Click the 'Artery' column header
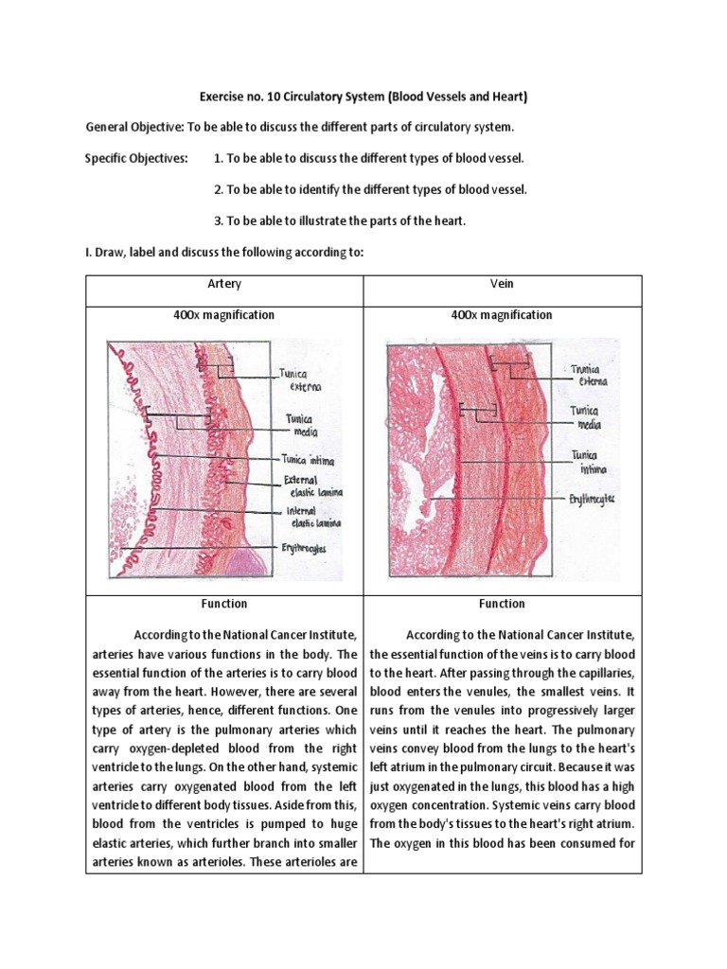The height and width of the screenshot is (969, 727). (x=224, y=284)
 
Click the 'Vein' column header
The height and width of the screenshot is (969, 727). (x=502, y=284)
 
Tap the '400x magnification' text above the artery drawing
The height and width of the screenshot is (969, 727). (x=224, y=315)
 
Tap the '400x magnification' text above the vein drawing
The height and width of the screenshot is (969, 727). (x=502, y=315)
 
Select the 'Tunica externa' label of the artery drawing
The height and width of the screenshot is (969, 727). (x=300, y=379)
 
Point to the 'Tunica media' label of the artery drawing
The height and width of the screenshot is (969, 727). (x=300, y=425)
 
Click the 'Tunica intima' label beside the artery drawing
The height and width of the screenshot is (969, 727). (x=308, y=460)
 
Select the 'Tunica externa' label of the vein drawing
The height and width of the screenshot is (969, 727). (x=589, y=375)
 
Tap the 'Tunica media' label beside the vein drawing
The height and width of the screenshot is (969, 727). (x=588, y=417)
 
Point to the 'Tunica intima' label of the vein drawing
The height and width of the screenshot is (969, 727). (x=589, y=461)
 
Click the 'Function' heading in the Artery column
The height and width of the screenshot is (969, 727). (x=224, y=604)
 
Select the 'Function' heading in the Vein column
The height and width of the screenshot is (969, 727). (x=502, y=604)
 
